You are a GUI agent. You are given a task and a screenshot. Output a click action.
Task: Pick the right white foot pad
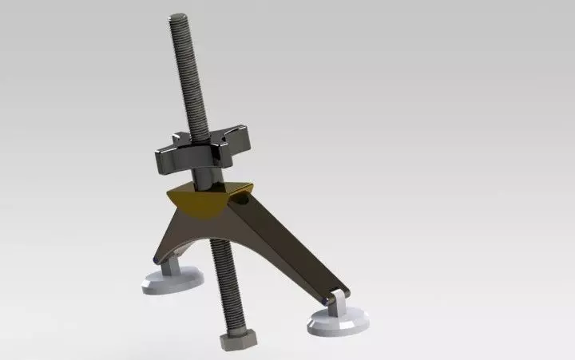coord(337,322)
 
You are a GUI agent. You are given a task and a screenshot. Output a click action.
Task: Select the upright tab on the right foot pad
coord(338,304)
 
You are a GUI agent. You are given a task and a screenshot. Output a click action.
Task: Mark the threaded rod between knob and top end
coord(185,80)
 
